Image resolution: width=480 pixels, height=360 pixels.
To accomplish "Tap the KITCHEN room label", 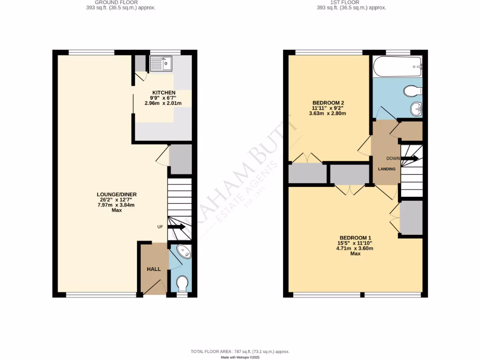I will click(164, 92).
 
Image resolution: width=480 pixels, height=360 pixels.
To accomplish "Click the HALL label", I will click(154, 269).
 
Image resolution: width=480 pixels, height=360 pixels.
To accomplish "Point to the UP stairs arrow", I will click(177, 227).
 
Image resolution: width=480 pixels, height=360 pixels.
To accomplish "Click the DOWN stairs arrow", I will click(410, 158).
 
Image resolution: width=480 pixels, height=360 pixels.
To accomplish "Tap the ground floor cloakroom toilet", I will click(182, 283).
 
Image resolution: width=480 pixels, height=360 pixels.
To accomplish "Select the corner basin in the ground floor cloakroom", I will click(185, 251).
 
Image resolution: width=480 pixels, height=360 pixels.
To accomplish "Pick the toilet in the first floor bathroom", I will click(412, 90).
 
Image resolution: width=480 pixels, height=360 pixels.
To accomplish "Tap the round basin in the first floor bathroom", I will click(415, 109).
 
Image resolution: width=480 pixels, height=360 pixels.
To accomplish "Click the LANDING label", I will click(387, 169).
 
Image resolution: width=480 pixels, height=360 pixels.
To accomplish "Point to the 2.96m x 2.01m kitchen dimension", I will click(164, 103).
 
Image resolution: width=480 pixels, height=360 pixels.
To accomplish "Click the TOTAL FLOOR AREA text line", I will click(240, 351).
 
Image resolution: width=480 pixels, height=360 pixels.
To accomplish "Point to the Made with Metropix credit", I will click(240, 357).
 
